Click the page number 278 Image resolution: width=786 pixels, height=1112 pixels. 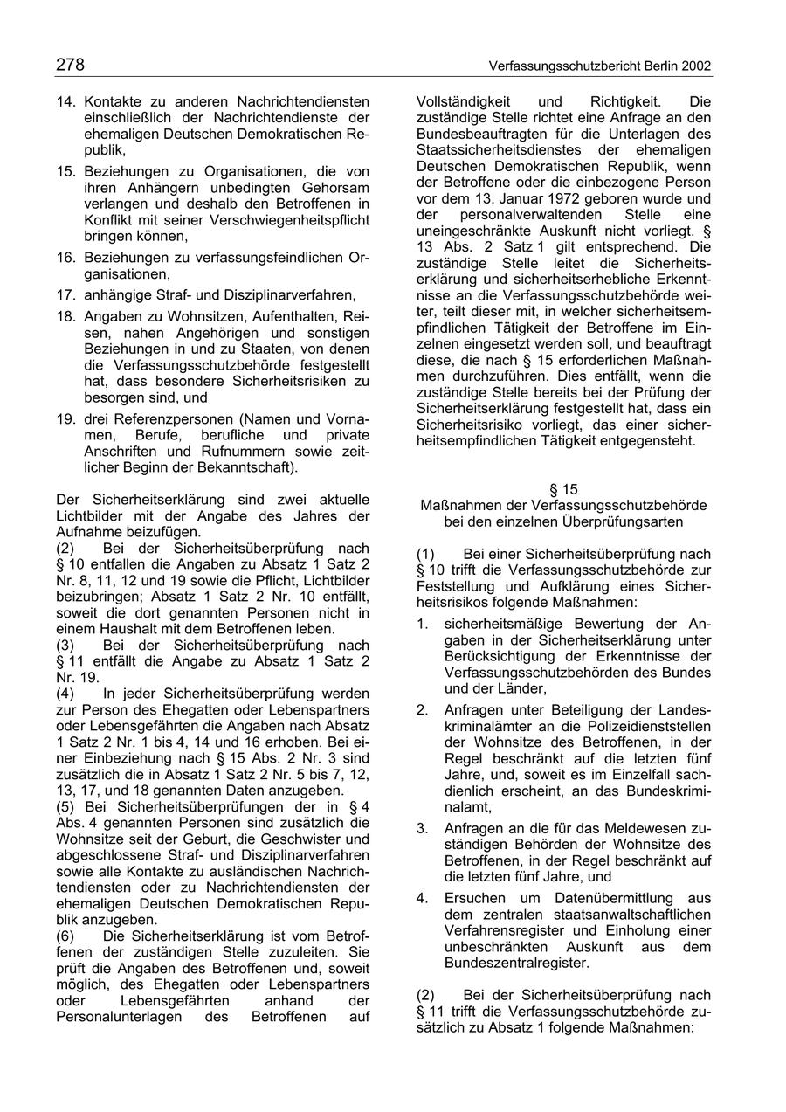tap(70, 66)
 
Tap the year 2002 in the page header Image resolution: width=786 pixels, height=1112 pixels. tap(696, 66)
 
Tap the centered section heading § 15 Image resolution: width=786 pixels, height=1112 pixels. tap(563, 490)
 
